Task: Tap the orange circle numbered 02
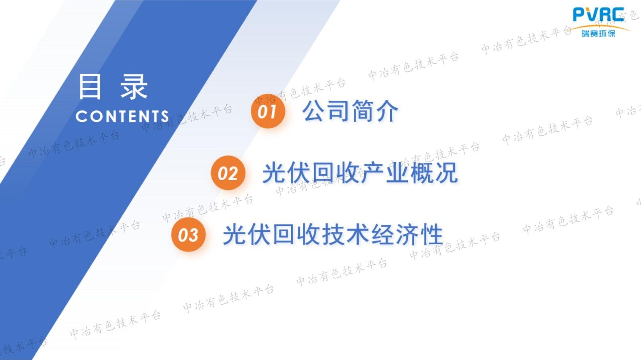(x=228, y=173)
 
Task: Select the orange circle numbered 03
(x=188, y=235)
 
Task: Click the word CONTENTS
(x=122, y=117)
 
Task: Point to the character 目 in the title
(x=90, y=86)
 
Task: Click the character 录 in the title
(x=134, y=86)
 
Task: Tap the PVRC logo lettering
(x=598, y=15)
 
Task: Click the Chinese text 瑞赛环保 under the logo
(x=599, y=33)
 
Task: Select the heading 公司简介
(x=350, y=111)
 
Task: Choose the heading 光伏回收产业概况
(x=360, y=173)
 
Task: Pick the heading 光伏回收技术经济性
(x=333, y=235)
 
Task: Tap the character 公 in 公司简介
(x=314, y=111)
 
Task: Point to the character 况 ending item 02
(x=446, y=173)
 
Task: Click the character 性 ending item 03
(x=432, y=235)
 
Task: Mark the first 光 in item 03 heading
(x=235, y=235)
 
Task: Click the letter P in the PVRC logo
(x=579, y=15)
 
